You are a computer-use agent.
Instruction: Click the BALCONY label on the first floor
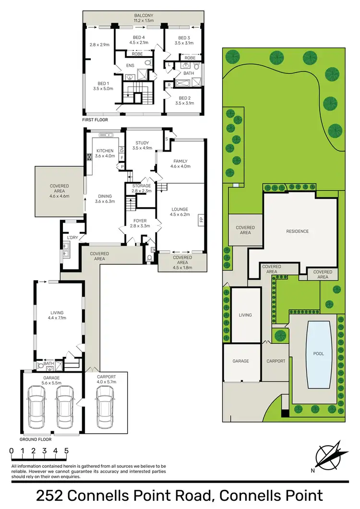144,15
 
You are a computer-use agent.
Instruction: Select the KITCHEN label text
104,151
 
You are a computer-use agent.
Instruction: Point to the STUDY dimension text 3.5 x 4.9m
142,148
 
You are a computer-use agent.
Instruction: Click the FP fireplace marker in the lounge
200,221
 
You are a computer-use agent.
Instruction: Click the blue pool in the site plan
318,354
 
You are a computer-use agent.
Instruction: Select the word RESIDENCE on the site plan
297,231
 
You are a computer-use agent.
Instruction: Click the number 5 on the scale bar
66,451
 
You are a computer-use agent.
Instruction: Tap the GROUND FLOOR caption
36,439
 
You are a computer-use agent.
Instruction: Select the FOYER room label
140,221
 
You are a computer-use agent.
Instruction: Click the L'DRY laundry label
72,238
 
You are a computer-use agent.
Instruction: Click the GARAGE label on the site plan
241,361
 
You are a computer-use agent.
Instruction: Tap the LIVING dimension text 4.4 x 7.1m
57,318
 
